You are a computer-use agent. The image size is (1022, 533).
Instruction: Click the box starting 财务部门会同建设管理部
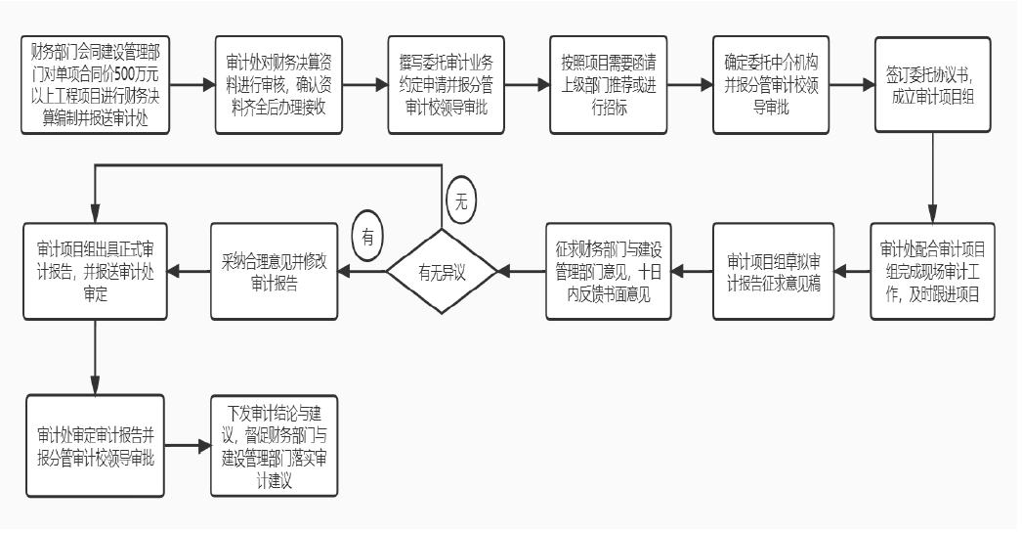(95, 85)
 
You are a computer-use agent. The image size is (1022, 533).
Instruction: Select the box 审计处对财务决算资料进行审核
(279, 85)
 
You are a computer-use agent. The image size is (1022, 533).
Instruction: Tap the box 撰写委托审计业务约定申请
(446, 85)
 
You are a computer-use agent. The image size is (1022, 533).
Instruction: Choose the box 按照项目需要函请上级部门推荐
(608, 85)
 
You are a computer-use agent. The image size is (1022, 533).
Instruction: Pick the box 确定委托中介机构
(771, 85)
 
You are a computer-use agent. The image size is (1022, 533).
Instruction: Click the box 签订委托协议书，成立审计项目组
(933, 85)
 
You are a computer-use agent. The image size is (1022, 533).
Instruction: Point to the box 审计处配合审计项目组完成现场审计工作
(933, 272)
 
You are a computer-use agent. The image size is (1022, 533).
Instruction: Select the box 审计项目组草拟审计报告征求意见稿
(774, 272)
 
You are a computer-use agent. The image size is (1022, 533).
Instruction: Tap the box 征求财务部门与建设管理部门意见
(609, 272)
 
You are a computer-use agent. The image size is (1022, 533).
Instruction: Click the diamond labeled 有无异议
(442, 272)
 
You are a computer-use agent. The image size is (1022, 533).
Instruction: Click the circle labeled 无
(461, 201)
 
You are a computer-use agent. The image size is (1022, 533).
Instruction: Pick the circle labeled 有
(367, 236)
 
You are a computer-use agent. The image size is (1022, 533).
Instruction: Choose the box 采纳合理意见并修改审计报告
(275, 272)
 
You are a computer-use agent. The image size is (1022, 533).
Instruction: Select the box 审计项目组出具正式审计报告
(95, 272)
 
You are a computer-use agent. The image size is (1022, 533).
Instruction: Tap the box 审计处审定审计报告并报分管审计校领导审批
(95, 446)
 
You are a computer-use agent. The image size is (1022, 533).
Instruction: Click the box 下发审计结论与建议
(275, 446)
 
